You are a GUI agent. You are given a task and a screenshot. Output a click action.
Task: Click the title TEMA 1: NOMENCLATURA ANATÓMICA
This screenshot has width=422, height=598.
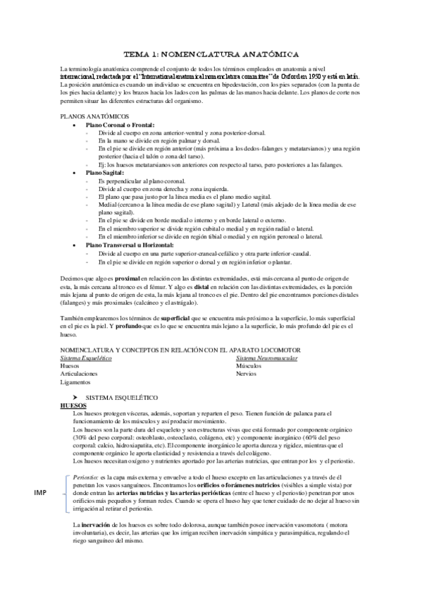coord(211,54)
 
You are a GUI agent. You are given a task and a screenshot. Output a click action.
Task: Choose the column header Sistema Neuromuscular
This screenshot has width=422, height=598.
coord(266,358)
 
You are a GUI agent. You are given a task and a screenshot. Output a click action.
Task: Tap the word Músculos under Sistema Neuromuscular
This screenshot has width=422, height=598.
coord(248,367)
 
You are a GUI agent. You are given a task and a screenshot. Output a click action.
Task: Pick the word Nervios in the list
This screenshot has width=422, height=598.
coord(246,374)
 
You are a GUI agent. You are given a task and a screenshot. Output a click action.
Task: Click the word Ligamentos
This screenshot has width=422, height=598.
coord(77,382)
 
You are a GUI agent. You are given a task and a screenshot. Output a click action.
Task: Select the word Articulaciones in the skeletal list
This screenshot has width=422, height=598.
coord(80,374)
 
